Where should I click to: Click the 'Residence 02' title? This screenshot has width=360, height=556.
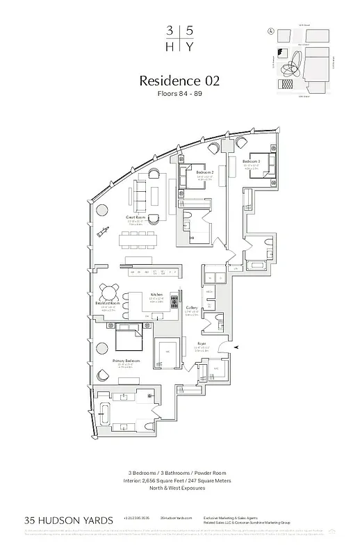tap(179, 81)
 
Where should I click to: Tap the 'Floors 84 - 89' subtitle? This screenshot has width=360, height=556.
tap(179, 94)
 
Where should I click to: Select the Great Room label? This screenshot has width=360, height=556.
tap(135, 218)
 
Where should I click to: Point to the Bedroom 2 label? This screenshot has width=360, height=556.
tap(204, 172)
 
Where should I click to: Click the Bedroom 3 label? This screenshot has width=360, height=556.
tap(252, 161)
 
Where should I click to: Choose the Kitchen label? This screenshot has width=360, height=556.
tap(158, 295)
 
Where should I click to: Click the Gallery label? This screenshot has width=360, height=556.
tap(193, 307)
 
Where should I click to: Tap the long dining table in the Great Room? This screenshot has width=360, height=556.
tap(146, 241)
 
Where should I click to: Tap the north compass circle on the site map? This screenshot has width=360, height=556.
tap(270, 31)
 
